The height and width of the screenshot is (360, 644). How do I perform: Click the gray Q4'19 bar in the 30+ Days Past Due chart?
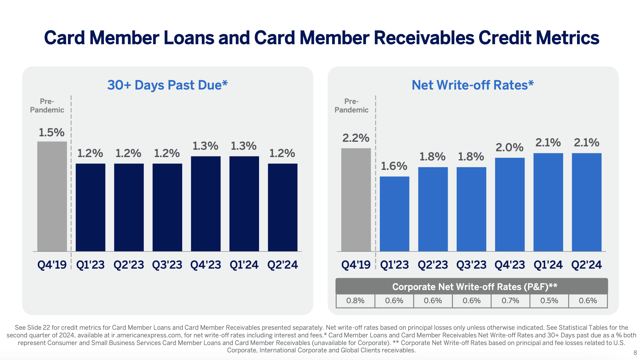pyautogui.click(x=52, y=196)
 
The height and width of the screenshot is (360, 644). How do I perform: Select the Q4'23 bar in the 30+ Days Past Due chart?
pyautogui.click(x=206, y=204)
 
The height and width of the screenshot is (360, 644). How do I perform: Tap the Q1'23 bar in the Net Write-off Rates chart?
pyautogui.click(x=394, y=214)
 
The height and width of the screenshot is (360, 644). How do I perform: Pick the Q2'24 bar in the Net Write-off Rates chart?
pyautogui.click(x=587, y=202)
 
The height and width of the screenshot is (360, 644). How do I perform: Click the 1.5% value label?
pyautogui.click(x=51, y=133)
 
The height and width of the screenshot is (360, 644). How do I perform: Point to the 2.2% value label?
pyautogui.click(x=356, y=138)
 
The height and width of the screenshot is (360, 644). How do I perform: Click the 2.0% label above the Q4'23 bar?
pyautogui.click(x=509, y=148)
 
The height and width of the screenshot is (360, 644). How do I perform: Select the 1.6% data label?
pyautogui.click(x=394, y=166)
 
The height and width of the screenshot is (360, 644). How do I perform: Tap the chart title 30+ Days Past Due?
pyautogui.click(x=167, y=85)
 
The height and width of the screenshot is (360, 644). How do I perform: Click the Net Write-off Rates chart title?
pyautogui.click(x=472, y=85)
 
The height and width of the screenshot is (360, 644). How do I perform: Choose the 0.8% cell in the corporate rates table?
pyautogui.click(x=355, y=301)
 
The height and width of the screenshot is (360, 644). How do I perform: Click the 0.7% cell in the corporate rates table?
pyautogui.click(x=510, y=301)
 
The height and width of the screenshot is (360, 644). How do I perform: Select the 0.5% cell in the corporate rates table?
pyautogui.click(x=549, y=301)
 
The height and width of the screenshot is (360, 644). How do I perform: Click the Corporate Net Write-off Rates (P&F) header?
pyautogui.click(x=475, y=287)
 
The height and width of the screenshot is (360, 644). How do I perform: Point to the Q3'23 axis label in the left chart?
pyautogui.click(x=167, y=265)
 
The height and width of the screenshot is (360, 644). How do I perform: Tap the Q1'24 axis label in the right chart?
pyautogui.click(x=548, y=265)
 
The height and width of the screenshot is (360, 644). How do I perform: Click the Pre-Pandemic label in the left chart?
pyautogui.click(x=47, y=106)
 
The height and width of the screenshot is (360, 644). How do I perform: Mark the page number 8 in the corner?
pyautogui.click(x=635, y=353)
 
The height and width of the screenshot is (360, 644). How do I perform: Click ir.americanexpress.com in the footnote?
pyautogui.click(x=146, y=335)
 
